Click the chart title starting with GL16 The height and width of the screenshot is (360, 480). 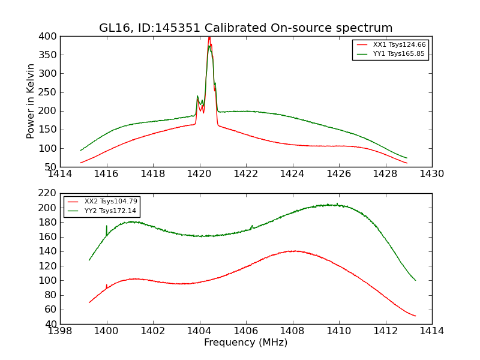point(245,28)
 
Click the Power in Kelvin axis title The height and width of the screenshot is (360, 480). point(31,101)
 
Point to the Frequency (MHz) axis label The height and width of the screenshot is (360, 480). point(245,343)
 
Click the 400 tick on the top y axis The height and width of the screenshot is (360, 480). point(50,37)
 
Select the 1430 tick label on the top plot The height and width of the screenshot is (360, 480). point(431,173)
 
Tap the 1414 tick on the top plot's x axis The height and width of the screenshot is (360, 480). point(60,173)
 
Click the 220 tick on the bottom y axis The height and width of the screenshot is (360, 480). point(50,193)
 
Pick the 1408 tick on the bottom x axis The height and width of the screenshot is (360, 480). point(292,331)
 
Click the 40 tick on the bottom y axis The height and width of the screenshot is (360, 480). point(52,324)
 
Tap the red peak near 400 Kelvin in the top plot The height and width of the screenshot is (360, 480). point(209,38)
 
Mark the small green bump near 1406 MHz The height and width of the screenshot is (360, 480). point(252,226)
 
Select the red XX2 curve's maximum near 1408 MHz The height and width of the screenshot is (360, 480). point(293,251)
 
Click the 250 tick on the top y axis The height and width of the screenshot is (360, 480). point(50,92)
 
